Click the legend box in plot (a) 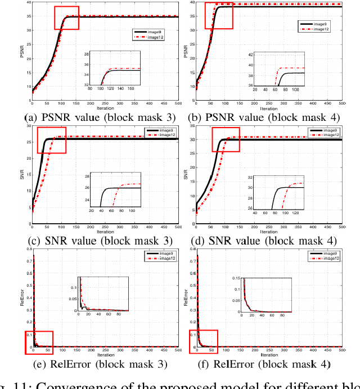(148, 35)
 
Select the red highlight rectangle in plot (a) (66, 18)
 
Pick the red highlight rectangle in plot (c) (52, 140)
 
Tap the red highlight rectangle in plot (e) (39, 342)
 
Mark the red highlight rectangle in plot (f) (203, 342)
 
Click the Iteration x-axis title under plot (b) (269, 108)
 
